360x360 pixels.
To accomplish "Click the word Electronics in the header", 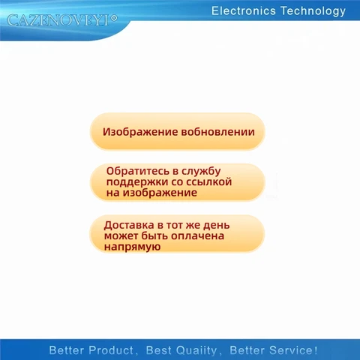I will pos(243,10).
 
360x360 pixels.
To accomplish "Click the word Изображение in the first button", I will pos(140,132).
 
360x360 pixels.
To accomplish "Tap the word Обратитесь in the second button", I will pos(136,171).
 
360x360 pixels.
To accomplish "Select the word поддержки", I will pos(136,181).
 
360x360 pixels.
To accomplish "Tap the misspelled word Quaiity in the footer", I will pos(193,350).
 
